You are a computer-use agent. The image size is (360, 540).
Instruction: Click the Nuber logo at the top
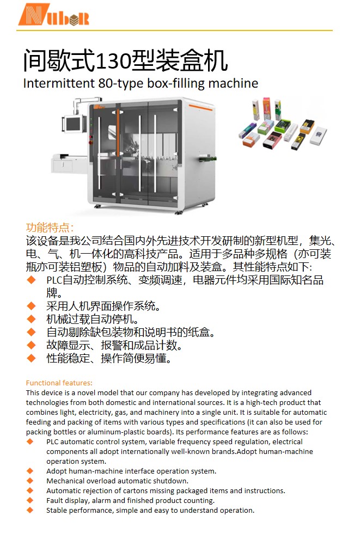click(54, 15)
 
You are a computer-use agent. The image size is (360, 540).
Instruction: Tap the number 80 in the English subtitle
click(105, 83)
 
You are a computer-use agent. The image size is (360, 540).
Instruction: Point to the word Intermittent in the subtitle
click(59, 83)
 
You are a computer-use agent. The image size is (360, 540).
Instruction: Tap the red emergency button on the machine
click(90, 142)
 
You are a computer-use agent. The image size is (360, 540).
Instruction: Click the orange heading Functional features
click(59, 383)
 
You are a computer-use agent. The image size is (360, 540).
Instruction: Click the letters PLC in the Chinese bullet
click(54, 280)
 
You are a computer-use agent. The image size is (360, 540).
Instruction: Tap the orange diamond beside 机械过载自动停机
click(31, 319)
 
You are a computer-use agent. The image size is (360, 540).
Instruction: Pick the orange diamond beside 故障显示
click(31, 345)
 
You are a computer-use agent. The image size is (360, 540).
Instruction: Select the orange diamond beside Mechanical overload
click(30, 481)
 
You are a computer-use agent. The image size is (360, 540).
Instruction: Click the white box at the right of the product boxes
click(318, 136)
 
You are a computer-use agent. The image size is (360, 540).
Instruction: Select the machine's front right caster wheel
click(179, 212)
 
